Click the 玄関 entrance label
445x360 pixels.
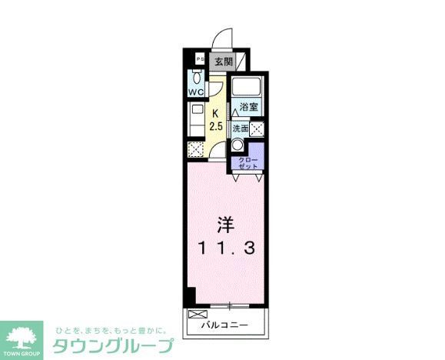coord(223,61)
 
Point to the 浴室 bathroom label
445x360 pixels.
coord(247,107)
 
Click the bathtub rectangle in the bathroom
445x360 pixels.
coord(247,87)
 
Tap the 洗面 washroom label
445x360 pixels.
coord(241,129)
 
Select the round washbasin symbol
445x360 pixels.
coord(238,144)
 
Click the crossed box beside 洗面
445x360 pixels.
coord(257,129)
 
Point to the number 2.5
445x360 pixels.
coord(216,125)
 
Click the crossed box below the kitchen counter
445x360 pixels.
coord(195,148)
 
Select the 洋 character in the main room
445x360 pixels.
coord(224,226)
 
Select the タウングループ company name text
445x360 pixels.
coord(112,342)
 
